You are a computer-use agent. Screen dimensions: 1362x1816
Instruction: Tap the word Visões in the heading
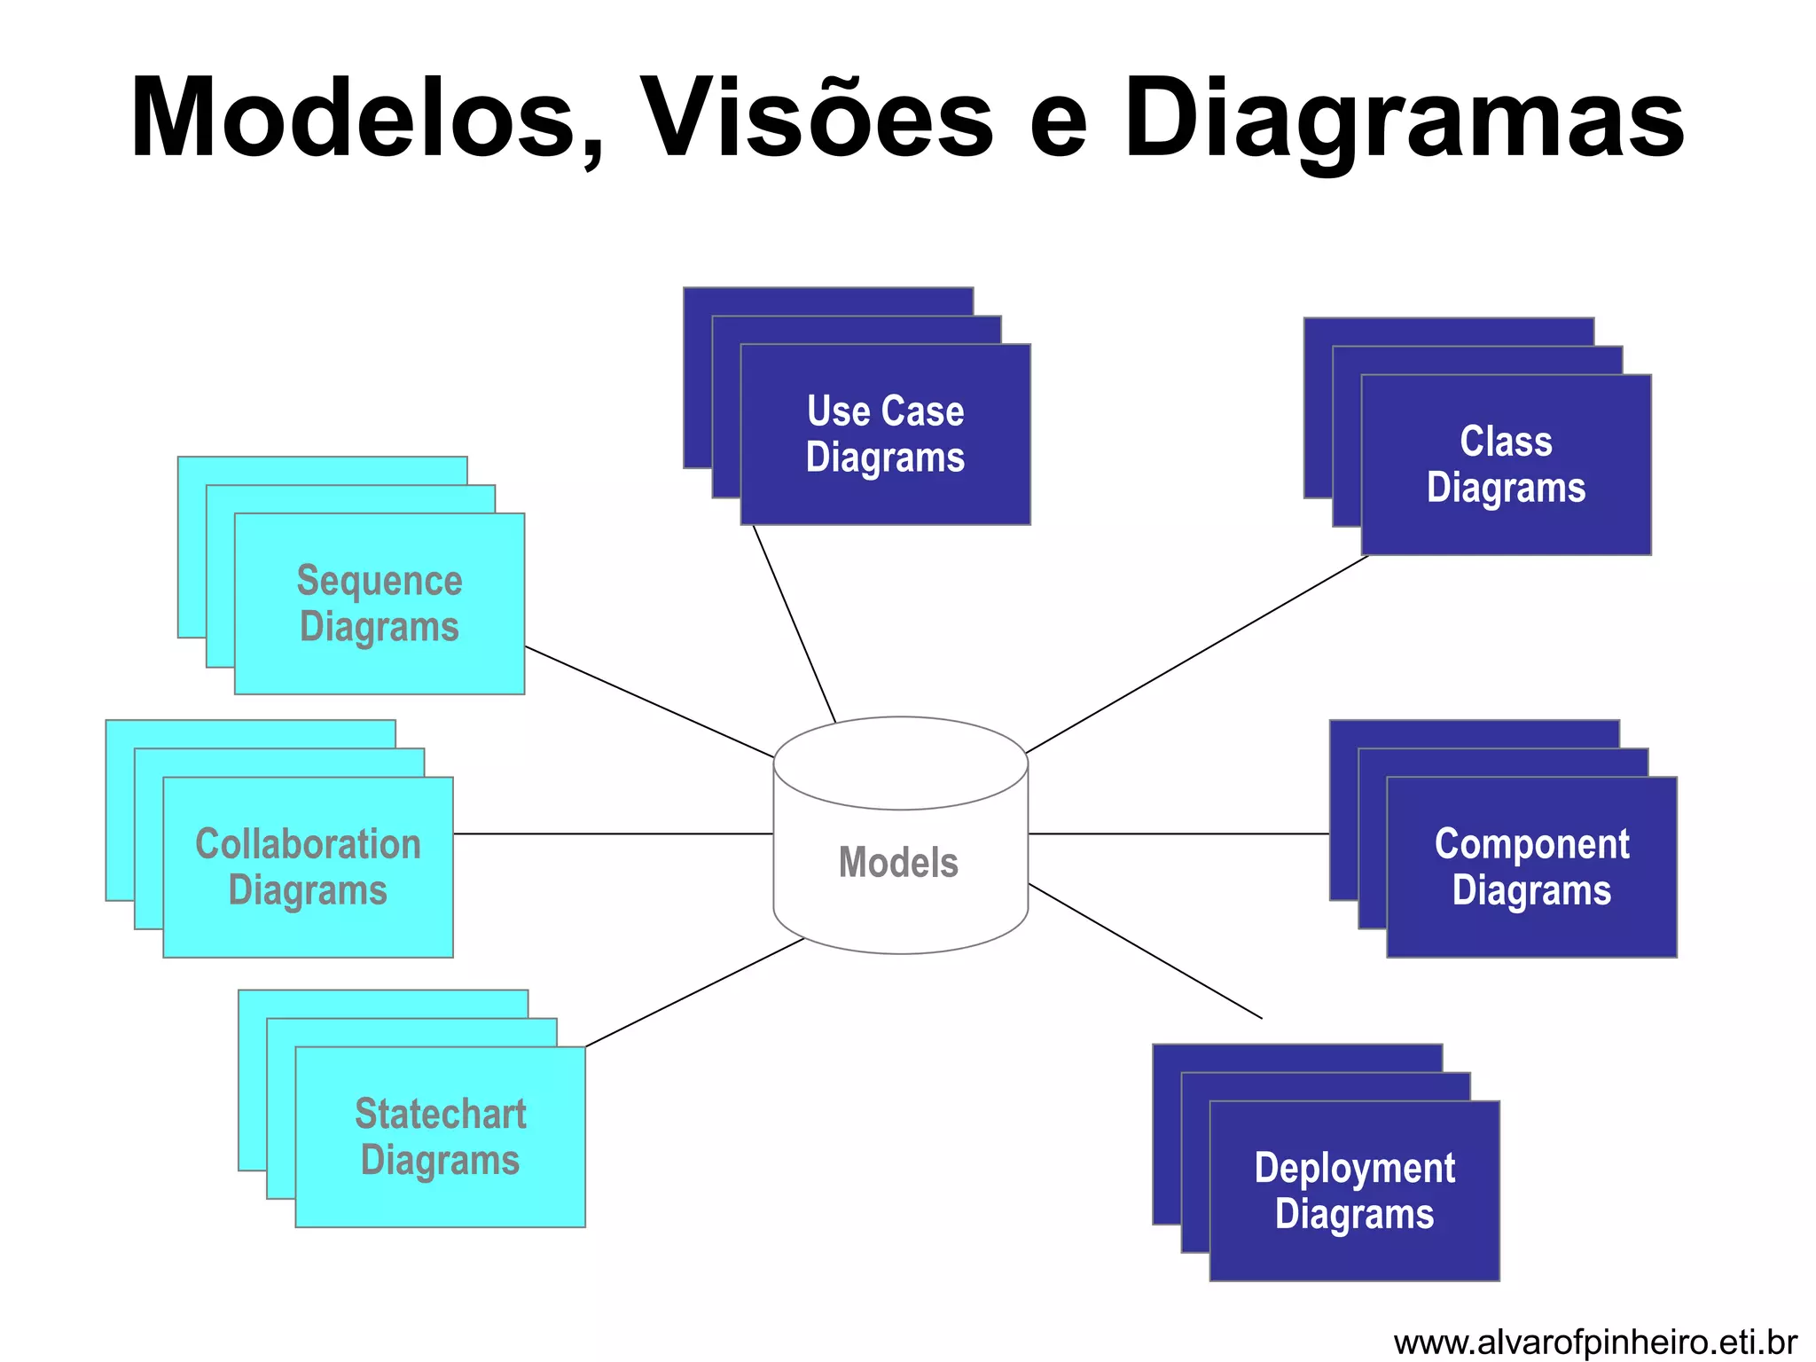[816, 120]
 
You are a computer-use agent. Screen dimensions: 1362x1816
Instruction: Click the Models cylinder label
[898, 862]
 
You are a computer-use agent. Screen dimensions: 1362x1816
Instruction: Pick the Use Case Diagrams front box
[885, 434]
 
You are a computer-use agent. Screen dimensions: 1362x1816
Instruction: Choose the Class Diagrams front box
[1506, 465]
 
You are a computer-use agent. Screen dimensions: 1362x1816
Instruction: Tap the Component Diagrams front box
[1531, 867]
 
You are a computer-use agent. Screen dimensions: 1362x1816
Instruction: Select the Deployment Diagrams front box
[1354, 1191]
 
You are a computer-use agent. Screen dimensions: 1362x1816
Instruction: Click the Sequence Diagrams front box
[379, 604]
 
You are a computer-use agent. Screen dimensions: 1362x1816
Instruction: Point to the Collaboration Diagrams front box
[308, 867]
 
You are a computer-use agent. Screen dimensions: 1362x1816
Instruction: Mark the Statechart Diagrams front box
[440, 1138]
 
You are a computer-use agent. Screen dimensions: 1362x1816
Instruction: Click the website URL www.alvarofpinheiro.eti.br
[1594, 1342]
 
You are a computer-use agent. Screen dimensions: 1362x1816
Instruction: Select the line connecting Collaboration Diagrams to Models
[612, 834]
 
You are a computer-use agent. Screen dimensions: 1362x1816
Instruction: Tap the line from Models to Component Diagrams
[1179, 834]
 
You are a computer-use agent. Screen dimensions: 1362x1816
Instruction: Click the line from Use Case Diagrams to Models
[794, 624]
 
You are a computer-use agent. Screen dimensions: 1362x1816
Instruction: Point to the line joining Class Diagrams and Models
[1197, 654]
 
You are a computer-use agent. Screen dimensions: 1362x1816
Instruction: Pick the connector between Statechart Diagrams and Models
[694, 993]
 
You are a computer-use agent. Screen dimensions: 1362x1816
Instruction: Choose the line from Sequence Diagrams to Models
[649, 702]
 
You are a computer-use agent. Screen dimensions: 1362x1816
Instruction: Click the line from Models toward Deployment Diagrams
[1144, 951]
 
